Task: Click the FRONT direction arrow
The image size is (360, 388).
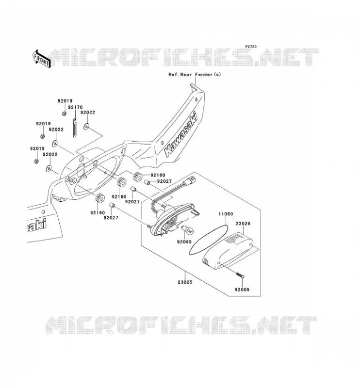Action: coord(42,59)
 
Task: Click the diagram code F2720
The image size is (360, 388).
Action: coord(251,47)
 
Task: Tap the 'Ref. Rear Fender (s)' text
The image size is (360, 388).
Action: coord(195,74)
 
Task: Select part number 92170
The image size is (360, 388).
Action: coord(75,107)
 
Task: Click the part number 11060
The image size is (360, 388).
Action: coord(226,214)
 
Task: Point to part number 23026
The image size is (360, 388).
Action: coord(243,224)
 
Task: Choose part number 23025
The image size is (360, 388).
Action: coord(185,282)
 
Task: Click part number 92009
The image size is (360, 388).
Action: coord(242,289)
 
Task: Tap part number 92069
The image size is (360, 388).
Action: coord(184,242)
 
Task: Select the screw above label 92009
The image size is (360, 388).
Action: coord(240,275)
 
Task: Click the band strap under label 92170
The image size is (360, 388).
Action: coord(75,127)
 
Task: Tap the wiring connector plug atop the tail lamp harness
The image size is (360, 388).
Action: coord(191,178)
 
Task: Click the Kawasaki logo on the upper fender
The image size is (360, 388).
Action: coord(181,134)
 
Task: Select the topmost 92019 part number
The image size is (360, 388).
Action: coord(65,101)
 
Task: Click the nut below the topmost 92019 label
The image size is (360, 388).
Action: coord(64,113)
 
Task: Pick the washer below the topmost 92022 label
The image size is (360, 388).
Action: coord(86,127)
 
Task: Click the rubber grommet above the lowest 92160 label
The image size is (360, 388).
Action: coord(100,198)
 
